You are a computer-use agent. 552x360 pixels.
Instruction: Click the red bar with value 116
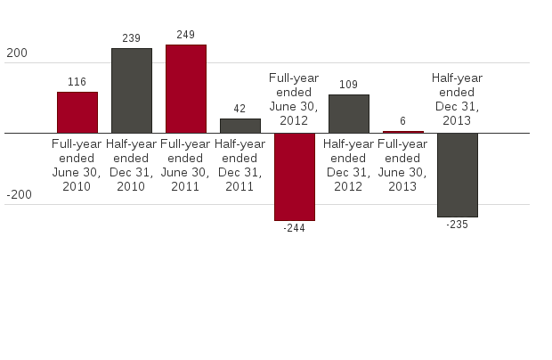coord(77,112)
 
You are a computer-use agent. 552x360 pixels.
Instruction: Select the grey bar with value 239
coord(132,91)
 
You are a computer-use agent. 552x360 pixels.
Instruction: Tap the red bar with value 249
coord(186,88)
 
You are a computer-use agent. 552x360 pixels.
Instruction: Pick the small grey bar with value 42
coord(240,126)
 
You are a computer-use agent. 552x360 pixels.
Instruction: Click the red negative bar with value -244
coord(295,176)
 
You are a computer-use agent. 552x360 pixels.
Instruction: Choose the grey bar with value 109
coord(349,114)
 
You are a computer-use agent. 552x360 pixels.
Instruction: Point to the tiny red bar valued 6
coord(403,132)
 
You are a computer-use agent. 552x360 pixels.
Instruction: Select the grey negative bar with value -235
coord(458,175)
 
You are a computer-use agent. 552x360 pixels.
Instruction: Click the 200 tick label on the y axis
coord(16,53)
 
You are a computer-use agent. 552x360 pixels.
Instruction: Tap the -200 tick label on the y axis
coord(19,195)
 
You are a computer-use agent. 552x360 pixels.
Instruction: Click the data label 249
coord(186,35)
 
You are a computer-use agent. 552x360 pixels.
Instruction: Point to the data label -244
coord(295,228)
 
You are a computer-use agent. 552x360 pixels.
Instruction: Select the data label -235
coord(458,225)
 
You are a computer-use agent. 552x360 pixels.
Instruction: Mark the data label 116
coord(77,82)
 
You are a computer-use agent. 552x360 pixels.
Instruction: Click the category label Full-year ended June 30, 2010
coord(77,165)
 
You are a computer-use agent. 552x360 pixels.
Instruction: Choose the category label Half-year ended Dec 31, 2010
coord(132,165)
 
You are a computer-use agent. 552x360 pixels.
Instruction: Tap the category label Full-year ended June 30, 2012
coord(294,99)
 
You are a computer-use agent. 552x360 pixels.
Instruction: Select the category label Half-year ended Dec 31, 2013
coord(458,99)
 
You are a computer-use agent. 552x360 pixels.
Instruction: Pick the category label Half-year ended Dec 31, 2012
coord(349,165)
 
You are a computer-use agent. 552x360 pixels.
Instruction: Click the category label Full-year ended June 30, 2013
coord(403,165)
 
